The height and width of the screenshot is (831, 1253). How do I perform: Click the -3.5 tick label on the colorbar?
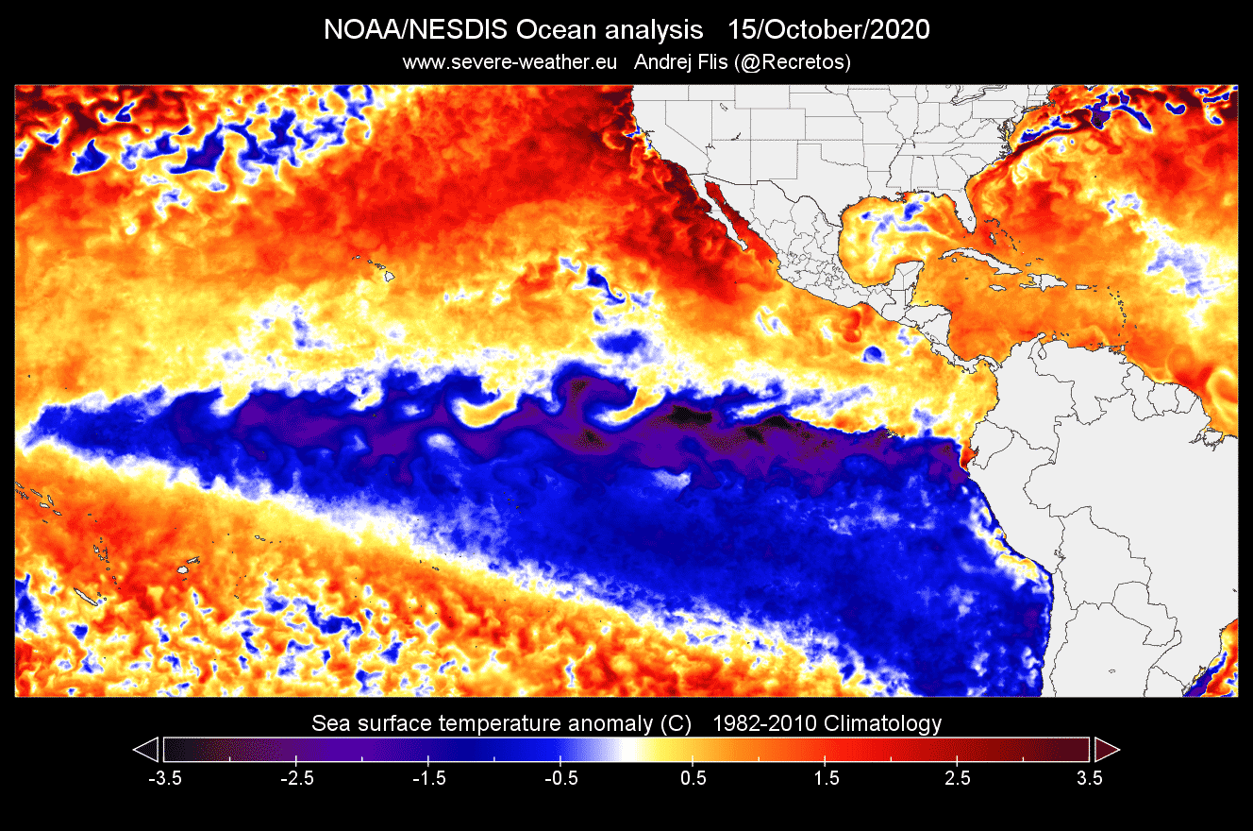point(165,778)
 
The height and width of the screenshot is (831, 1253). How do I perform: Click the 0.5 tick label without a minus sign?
point(693,778)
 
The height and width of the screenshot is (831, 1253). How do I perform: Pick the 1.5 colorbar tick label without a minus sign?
point(826,778)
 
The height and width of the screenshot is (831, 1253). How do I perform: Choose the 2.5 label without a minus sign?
point(958,778)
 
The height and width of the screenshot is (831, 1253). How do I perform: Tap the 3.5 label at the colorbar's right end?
point(1090,778)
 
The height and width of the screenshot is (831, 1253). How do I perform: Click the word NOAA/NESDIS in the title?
point(415,30)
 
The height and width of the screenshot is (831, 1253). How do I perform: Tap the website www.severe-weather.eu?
point(510,62)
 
